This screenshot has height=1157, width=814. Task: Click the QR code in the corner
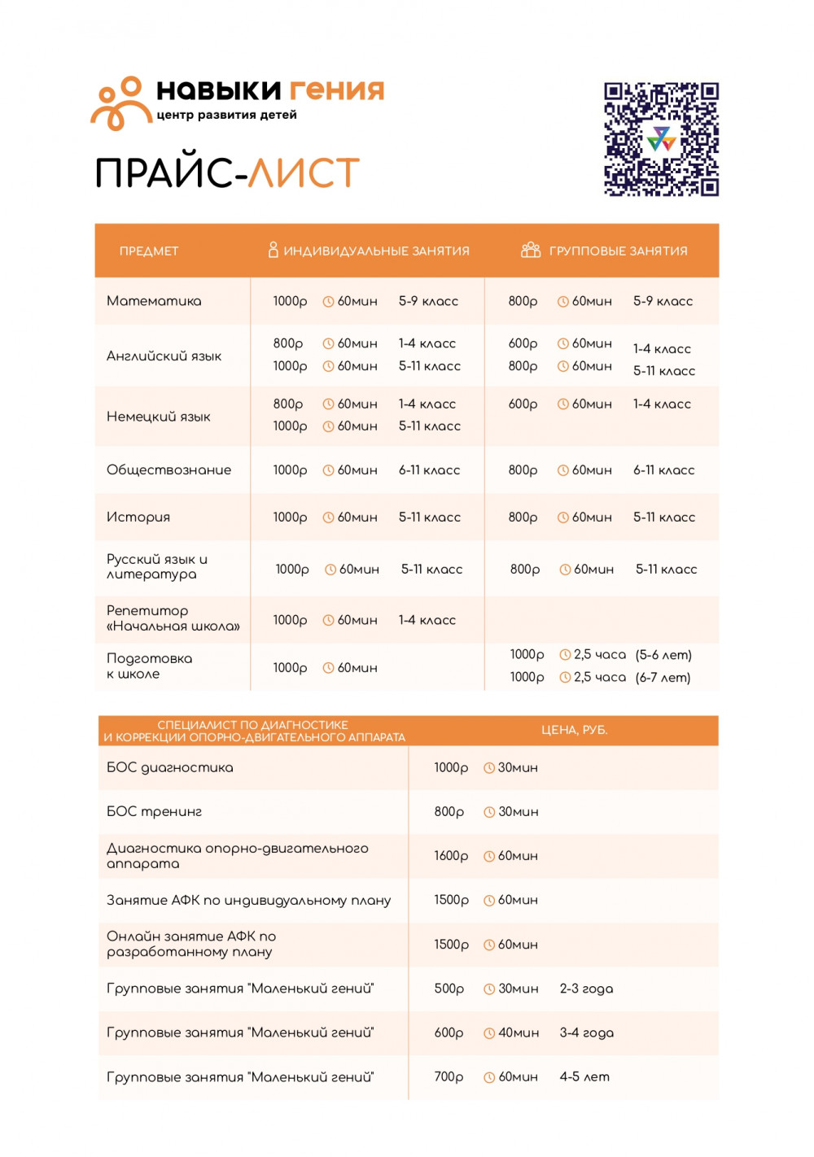tap(661, 139)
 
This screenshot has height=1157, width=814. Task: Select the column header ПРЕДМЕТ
tap(148, 251)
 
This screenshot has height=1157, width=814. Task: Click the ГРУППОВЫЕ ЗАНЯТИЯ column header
tap(618, 251)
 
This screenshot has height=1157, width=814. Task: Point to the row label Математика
tap(154, 301)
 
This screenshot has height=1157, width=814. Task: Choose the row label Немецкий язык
tap(158, 417)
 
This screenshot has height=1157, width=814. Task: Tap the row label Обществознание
tap(168, 469)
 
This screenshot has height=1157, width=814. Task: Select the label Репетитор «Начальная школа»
tap(173, 618)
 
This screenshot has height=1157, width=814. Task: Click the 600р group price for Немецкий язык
tap(523, 404)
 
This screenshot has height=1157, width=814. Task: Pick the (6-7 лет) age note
tap(663, 677)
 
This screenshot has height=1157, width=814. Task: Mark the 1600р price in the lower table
tap(451, 856)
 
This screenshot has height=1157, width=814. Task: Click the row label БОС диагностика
tap(169, 767)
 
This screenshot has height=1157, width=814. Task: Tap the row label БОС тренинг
tap(154, 811)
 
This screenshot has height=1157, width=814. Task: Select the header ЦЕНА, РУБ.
tap(574, 730)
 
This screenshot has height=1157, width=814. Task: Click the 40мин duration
tap(519, 1033)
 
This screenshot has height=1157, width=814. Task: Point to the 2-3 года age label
tap(586, 989)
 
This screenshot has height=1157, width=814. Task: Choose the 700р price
tap(449, 1076)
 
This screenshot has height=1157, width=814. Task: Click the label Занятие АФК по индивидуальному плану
tap(248, 900)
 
